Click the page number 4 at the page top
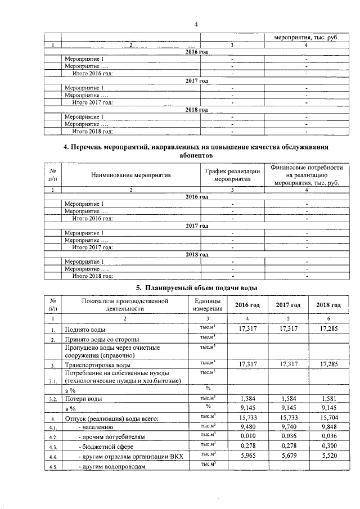[196, 24]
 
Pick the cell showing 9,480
[247, 426]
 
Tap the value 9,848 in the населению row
[328, 426]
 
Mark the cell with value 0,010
[247, 436]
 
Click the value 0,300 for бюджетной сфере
[328, 445]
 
